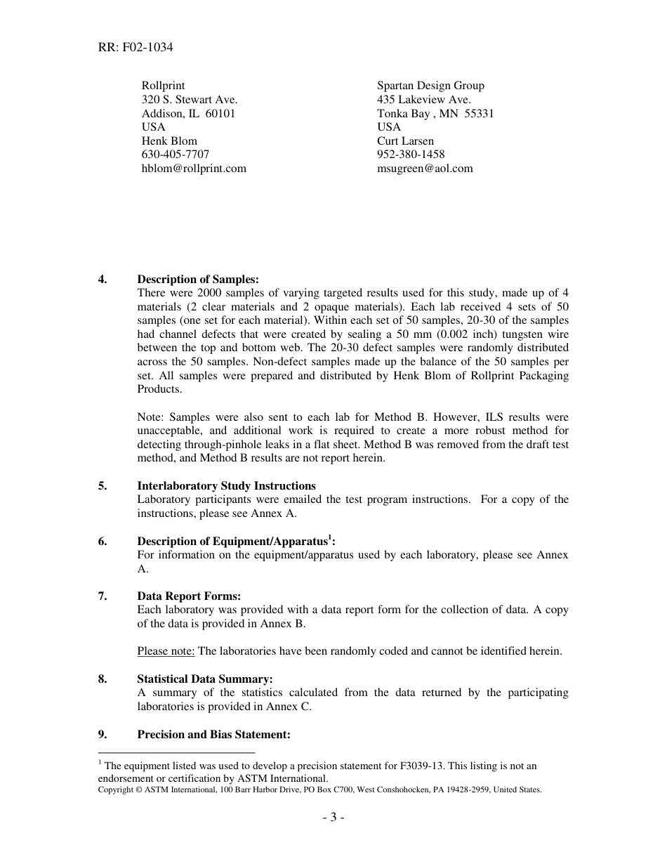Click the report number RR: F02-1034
(x=136, y=48)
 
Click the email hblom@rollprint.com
(x=194, y=169)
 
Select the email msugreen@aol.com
(x=425, y=169)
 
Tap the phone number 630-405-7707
(x=176, y=155)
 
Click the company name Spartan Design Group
(x=430, y=86)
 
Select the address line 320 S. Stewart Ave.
(x=190, y=100)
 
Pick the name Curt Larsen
(x=405, y=141)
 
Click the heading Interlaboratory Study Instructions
(x=226, y=486)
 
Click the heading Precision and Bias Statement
(x=213, y=735)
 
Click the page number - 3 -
(x=333, y=818)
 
